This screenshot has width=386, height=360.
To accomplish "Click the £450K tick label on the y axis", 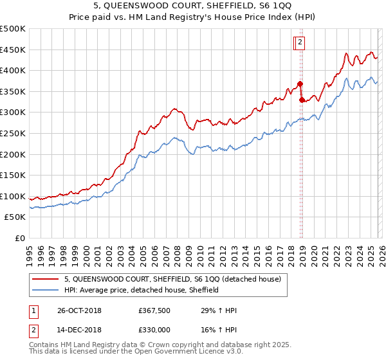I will pyautogui.click(x=13, y=50).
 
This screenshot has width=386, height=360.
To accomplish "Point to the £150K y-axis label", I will pyautogui.click(x=13, y=175).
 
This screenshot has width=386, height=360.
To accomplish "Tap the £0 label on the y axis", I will pyautogui.click(x=20, y=239).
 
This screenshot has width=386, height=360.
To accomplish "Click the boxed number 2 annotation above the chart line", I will pyautogui.click(x=300, y=43).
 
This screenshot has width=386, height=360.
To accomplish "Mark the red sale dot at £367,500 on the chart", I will pyautogui.click(x=300, y=84).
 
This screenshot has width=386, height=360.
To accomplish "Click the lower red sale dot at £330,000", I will pyautogui.click(x=302, y=100).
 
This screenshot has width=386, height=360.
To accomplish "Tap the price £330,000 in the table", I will pyautogui.click(x=154, y=329).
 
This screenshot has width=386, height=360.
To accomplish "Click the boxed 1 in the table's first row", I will pyautogui.click(x=33, y=310).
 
